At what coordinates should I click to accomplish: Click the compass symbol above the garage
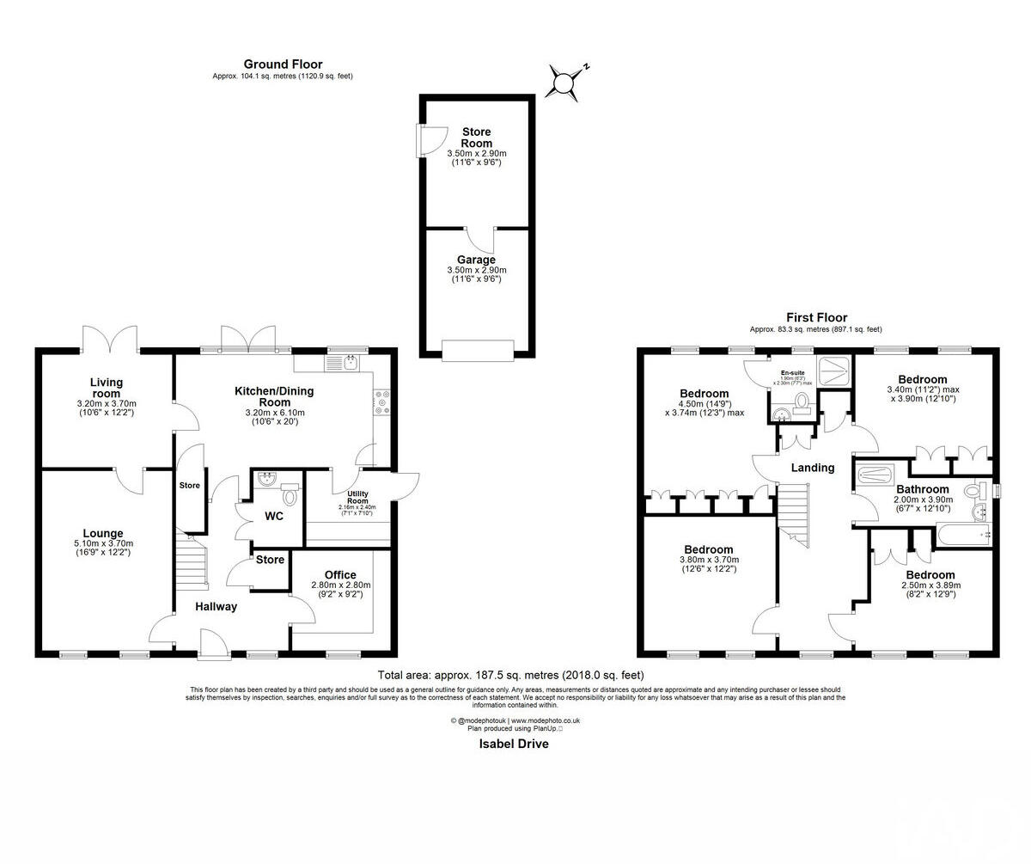[x=564, y=82]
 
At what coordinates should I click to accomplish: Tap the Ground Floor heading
[x=283, y=64]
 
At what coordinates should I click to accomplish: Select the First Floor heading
[x=815, y=317]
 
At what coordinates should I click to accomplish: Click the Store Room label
[x=476, y=138]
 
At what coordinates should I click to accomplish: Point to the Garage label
[x=476, y=260]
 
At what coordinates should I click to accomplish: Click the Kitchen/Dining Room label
[x=274, y=396]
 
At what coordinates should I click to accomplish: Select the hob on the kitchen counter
[x=381, y=403]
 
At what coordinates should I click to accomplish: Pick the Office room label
[x=339, y=575]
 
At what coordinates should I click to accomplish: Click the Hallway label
[x=216, y=607]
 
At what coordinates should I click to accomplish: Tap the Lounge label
[x=103, y=533]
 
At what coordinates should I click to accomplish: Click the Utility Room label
[x=357, y=498]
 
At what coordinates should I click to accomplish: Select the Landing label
[x=812, y=468]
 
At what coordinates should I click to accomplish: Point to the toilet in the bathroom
[x=973, y=491]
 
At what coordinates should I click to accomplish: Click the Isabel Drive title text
[x=513, y=745]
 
